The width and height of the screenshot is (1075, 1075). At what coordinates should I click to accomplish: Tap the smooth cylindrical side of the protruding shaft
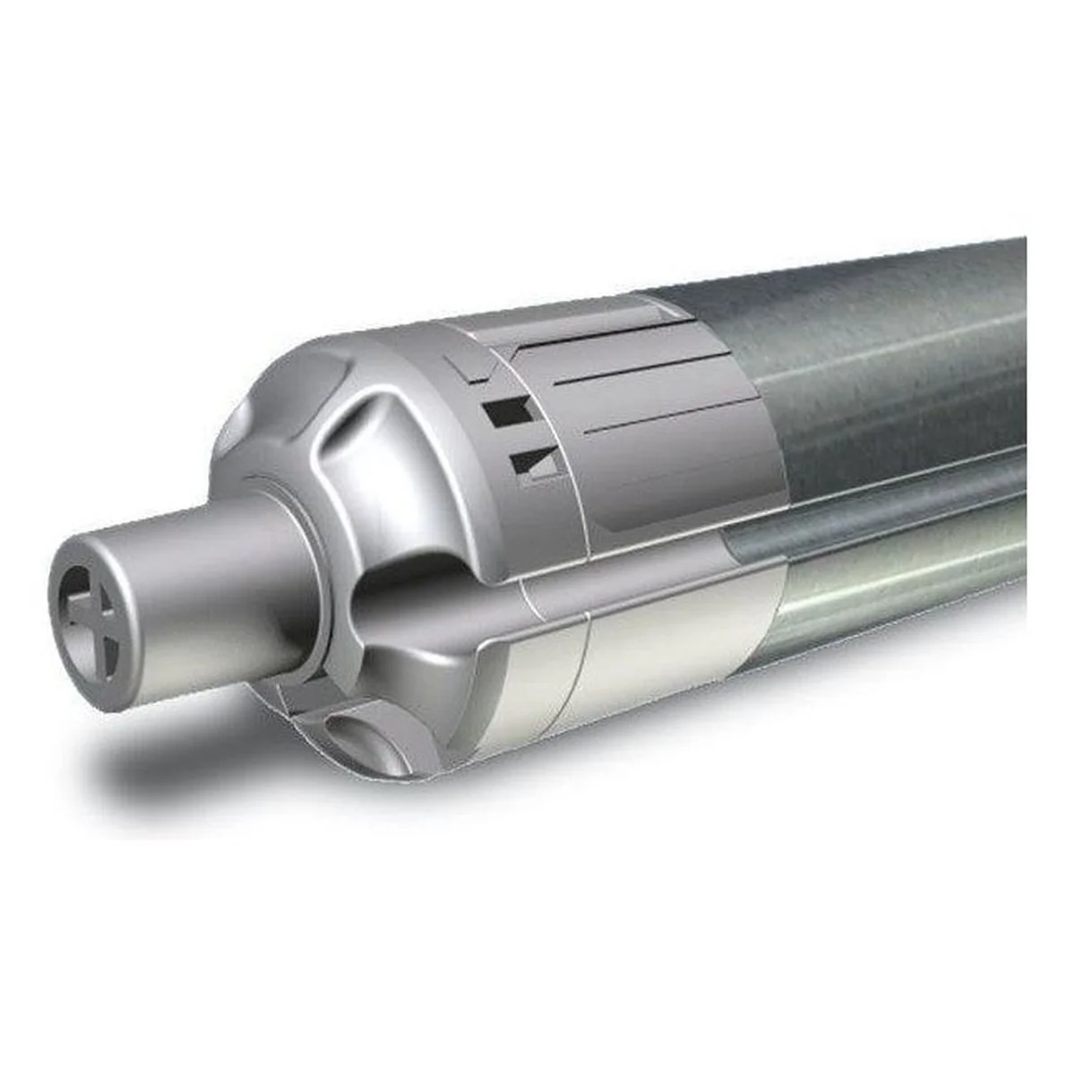click(x=206, y=573)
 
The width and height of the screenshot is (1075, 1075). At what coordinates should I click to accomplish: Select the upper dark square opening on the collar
click(x=503, y=415)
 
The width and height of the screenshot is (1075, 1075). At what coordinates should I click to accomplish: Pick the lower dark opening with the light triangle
click(x=534, y=464)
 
